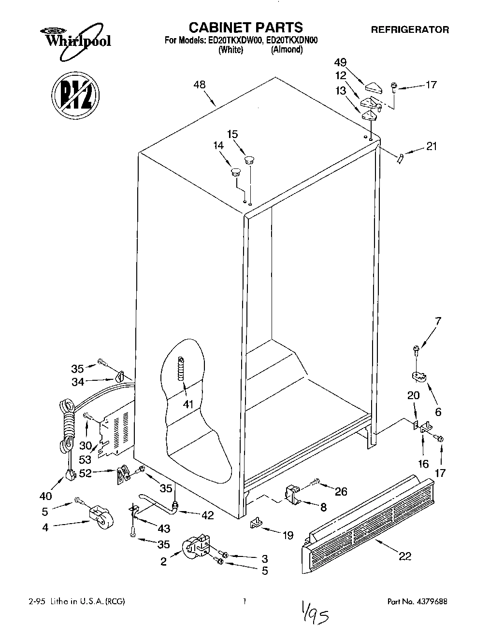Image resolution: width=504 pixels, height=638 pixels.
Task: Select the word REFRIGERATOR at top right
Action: (410, 30)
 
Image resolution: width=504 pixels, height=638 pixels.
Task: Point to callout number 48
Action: (199, 85)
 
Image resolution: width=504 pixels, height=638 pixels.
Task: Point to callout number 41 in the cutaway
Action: (187, 404)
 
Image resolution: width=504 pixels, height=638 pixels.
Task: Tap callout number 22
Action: (404, 556)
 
